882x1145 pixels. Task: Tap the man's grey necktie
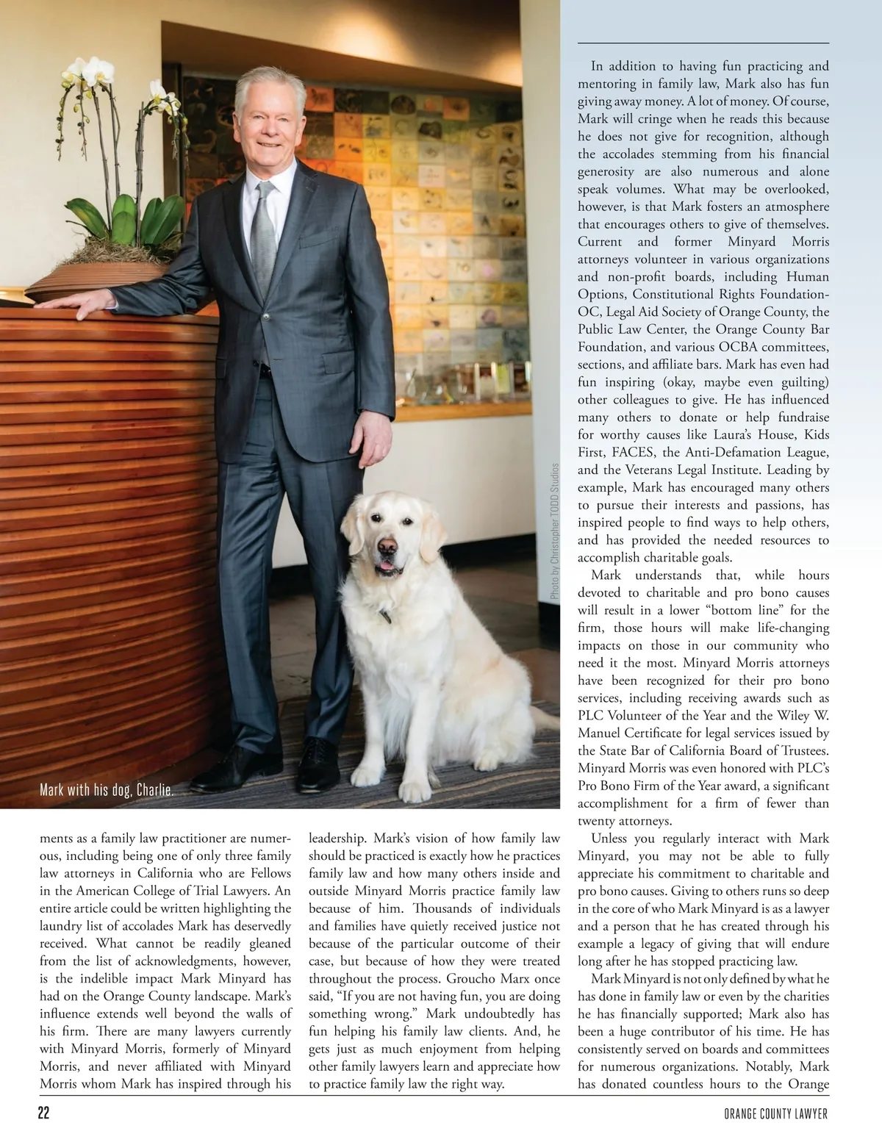[264, 235]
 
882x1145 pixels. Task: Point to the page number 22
[44, 1113]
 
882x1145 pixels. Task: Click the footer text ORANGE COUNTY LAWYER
[775, 1114]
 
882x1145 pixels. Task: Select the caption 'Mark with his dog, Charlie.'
[107, 791]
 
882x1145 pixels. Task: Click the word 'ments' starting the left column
[56, 839]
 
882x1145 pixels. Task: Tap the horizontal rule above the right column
[703, 43]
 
